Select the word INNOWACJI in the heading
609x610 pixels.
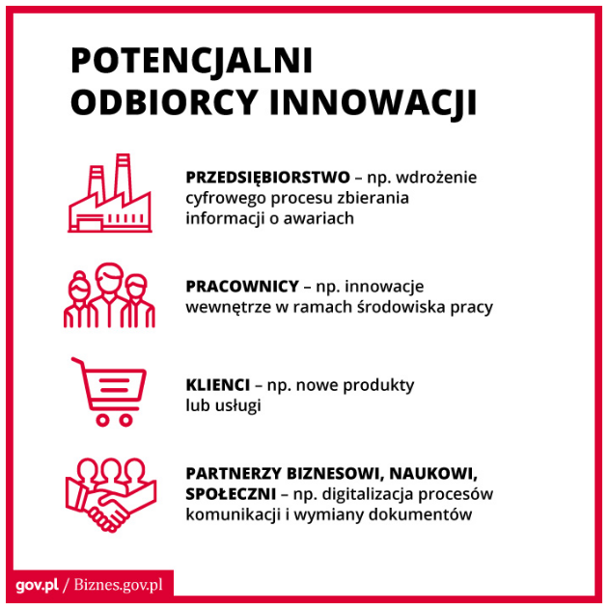pyautogui.click(x=373, y=102)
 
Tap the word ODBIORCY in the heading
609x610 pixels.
pyautogui.click(x=164, y=102)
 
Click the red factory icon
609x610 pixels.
pyautogui.click(x=110, y=193)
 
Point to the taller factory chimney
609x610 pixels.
pyautogui.click(x=123, y=176)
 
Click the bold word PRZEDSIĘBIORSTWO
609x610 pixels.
pyautogui.click(x=268, y=178)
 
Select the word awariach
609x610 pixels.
pyautogui.click(x=318, y=218)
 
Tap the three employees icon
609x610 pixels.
pyautogui.click(x=109, y=295)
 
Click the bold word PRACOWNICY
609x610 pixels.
pyautogui.click(x=242, y=287)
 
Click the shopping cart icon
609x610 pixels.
pyautogui.click(x=108, y=392)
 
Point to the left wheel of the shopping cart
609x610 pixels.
pyautogui.click(x=102, y=420)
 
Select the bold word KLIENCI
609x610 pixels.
pyautogui.click(x=218, y=385)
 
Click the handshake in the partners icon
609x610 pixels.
pyautogui.click(x=109, y=511)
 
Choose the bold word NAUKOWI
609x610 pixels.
pyautogui.click(x=433, y=474)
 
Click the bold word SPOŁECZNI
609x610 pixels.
pyautogui.click(x=231, y=494)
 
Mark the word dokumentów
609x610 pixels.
pyautogui.click(x=421, y=514)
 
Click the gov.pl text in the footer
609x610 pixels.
pyautogui.click(x=38, y=585)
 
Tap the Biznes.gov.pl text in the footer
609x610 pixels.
pyautogui.click(x=118, y=585)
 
